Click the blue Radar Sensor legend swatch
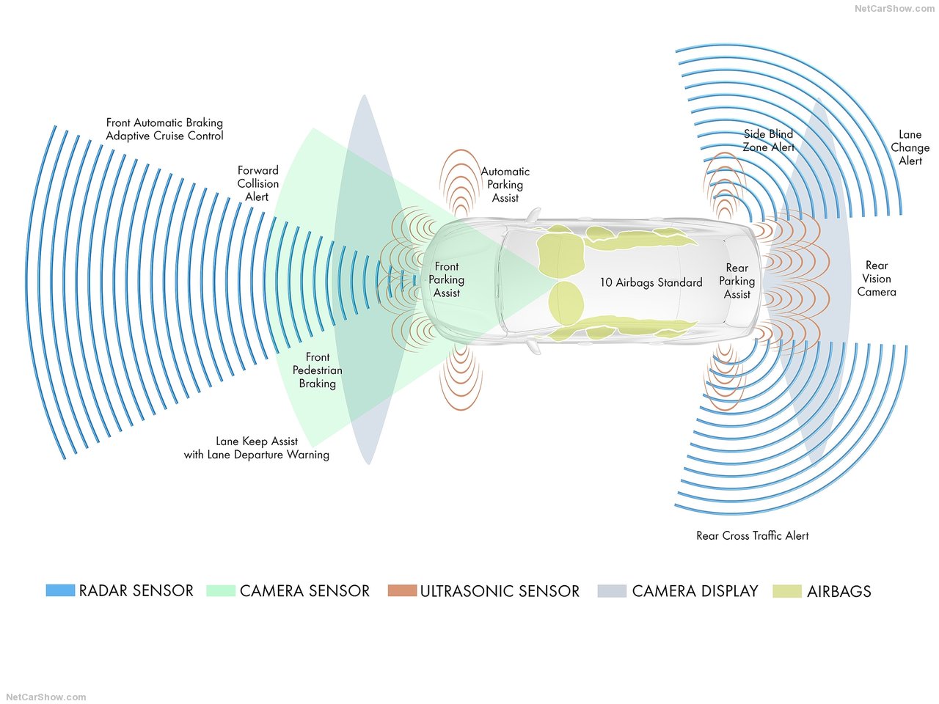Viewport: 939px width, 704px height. point(60,590)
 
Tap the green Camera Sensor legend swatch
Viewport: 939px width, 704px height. point(221,590)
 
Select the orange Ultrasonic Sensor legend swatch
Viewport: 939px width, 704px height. point(402,590)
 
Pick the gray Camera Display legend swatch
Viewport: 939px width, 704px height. point(612,591)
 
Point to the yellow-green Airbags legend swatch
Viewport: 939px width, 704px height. point(787,591)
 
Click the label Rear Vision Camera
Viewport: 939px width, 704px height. point(876,279)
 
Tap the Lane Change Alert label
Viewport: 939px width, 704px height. point(910,147)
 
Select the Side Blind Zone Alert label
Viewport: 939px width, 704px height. point(768,141)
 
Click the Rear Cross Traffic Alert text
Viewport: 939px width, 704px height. point(753,535)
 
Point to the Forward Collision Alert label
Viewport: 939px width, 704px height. point(258,183)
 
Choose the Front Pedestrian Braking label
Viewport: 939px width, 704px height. point(318,370)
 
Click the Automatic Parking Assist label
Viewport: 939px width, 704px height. point(505,185)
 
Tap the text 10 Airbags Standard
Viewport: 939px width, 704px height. point(651,282)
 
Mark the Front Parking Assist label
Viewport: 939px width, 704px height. point(446,279)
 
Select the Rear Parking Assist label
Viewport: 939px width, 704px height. point(737,281)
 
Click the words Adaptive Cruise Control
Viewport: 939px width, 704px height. point(165,136)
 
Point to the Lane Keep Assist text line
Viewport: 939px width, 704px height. point(257,441)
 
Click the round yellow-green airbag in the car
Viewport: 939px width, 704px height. point(566,303)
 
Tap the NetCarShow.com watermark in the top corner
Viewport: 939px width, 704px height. point(894,9)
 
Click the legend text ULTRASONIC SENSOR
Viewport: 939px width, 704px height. point(500,591)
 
